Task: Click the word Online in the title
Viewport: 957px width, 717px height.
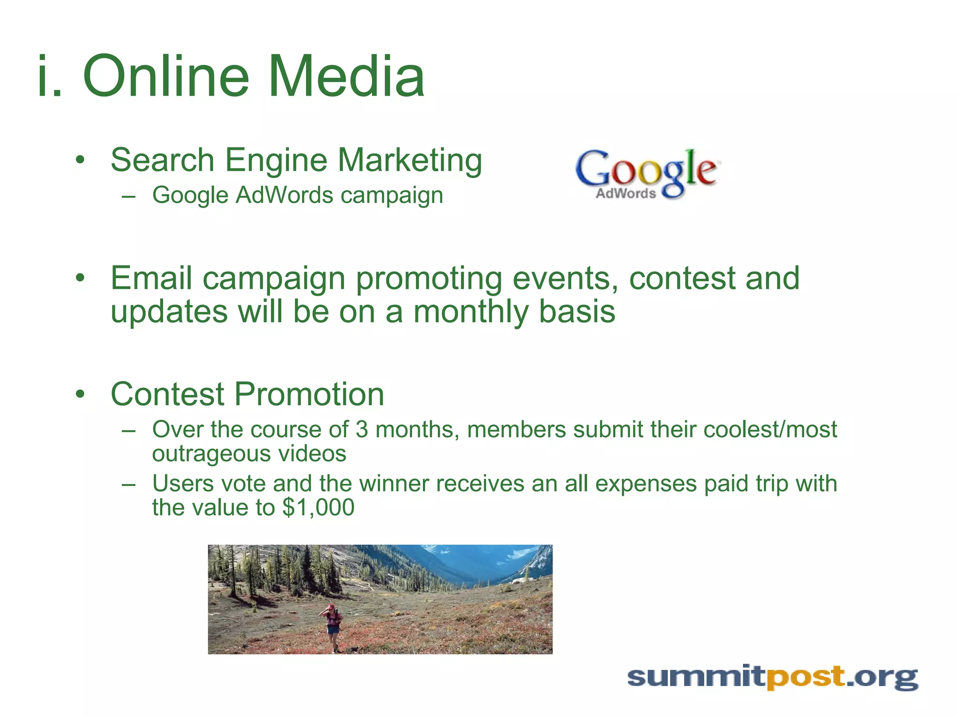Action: click(x=166, y=76)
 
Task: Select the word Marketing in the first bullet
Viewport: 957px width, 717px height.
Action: click(x=410, y=160)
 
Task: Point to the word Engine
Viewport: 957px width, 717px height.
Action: click(x=277, y=160)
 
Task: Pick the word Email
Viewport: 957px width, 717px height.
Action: click(x=151, y=278)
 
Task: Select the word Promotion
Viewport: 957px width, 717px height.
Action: click(x=309, y=394)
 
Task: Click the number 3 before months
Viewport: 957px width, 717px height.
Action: click(x=362, y=429)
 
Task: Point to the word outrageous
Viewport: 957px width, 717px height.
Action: click(x=211, y=454)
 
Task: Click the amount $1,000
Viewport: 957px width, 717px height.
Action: click(x=318, y=507)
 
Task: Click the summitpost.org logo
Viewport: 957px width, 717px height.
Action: click(x=772, y=677)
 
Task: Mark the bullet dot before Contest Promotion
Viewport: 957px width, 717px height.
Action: click(x=80, y=394)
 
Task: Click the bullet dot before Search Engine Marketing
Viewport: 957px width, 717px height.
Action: click(x=80, y=160)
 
